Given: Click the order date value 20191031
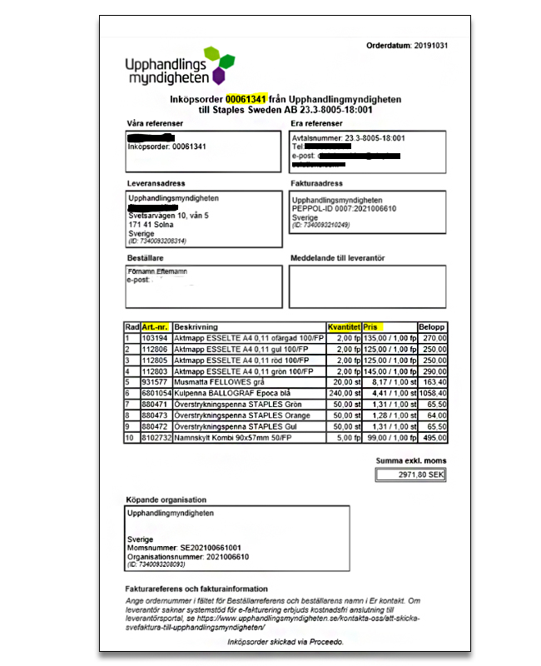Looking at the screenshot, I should click(x=430, y=45).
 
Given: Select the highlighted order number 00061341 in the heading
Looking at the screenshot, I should click(x=248, y=99).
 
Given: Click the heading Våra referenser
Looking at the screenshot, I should click(x=155, y=123).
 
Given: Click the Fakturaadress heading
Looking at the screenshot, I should click(x=317, y=183).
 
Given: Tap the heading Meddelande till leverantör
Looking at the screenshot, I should click(x=337, y=258).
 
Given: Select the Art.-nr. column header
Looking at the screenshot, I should click(x=156, y=327).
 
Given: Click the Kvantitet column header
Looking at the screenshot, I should click(x=344, y=327).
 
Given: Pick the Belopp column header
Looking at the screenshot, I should click(x=432, y=327).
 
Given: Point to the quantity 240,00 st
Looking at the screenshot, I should click(x=342, y=392).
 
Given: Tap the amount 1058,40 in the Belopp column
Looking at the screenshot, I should click(x=432, y=392).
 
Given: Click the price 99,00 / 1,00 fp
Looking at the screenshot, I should click(x=391, y=437).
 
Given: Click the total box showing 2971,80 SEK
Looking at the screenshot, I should click(x=410, y=474).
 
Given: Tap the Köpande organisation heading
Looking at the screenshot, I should click(x=166, y=499).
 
